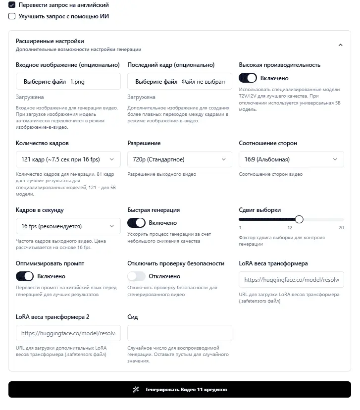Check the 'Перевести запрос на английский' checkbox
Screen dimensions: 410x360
(12, 5)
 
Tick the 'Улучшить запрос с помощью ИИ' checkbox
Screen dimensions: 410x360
(12, 16)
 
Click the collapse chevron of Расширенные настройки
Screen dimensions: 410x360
(340, 45)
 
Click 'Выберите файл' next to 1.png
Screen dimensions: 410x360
(45, 82)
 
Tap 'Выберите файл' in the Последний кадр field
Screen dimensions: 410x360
(156, 82)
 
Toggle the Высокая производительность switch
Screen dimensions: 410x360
(248, 78)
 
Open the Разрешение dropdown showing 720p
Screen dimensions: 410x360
(180, 159)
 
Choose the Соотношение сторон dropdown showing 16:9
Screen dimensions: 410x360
(291, 159)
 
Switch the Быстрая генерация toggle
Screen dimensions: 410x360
(136, 223)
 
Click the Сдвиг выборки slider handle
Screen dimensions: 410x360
(299, 219)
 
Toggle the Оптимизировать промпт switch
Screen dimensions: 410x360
(25, 276)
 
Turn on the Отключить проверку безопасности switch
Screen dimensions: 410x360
(136, 276)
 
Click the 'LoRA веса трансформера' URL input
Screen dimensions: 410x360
(291, 280)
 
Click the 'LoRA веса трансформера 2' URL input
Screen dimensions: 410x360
(68, 333)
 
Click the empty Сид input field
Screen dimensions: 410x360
(180, 333)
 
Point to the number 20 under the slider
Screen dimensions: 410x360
(341, 228)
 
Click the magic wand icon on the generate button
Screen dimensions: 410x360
(136, 390)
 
